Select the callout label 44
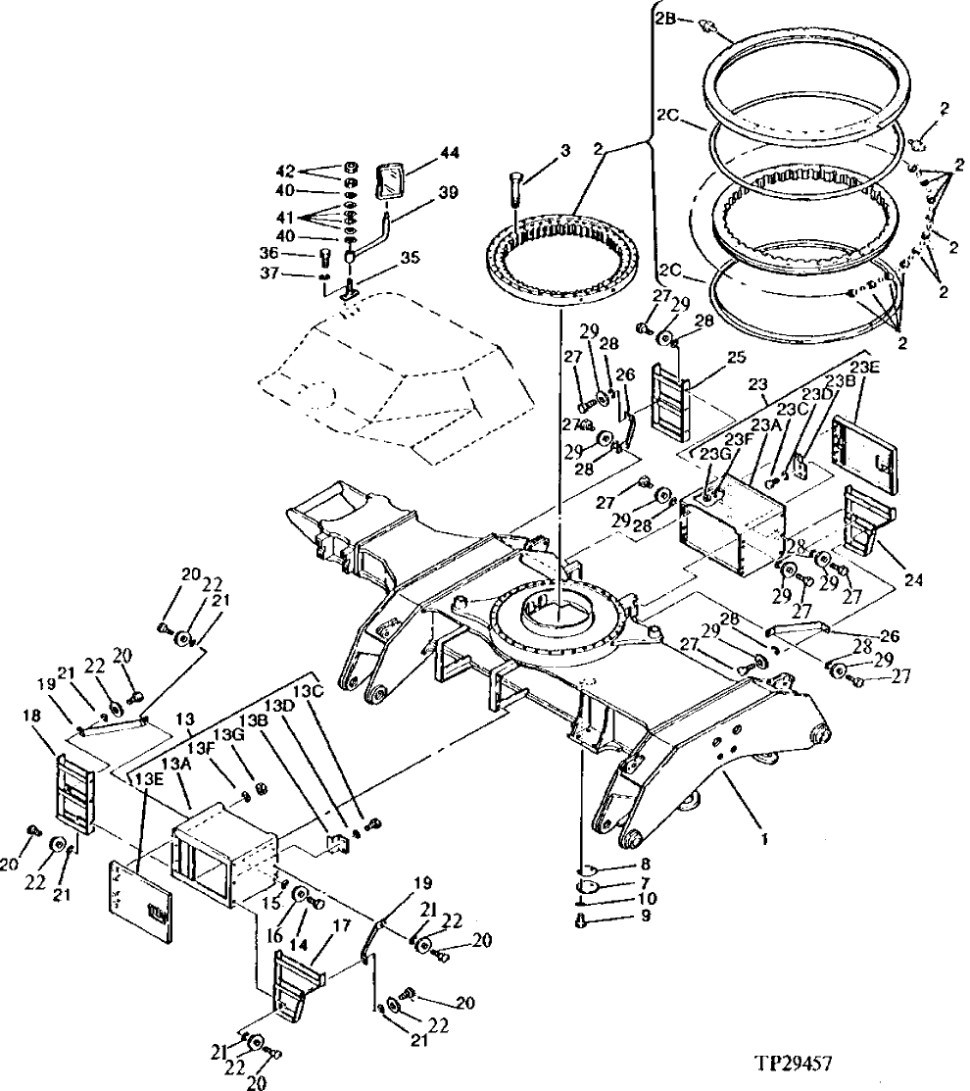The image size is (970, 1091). (x=450, y=153)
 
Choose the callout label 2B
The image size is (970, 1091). (x=666, y=17)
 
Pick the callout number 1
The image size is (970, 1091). (x=765, y=839)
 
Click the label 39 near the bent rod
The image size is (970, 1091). (x=448, y=193)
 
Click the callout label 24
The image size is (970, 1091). (x=913, y=578)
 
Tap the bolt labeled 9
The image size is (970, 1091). (x=582, y=919)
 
